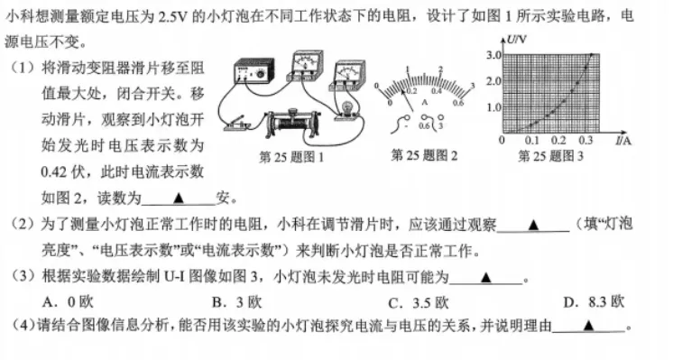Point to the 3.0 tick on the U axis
pyautogui.click(x=493, y=56)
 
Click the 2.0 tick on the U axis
pyautogui.click(x=493, y=82)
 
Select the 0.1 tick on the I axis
pyautogui.click(x=530, y=142)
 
